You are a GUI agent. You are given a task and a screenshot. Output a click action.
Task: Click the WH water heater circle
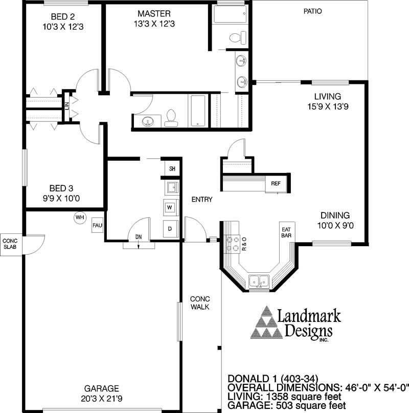click(80, 218)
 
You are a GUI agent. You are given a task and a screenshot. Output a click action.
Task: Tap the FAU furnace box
click(97, 225)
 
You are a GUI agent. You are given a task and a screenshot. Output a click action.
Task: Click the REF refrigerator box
click(276, 184)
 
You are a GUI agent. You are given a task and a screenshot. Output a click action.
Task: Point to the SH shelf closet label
click(172, 168)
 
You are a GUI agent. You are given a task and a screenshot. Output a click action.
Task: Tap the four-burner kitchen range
click(233, 244)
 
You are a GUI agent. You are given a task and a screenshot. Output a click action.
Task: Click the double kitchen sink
click(259, 282)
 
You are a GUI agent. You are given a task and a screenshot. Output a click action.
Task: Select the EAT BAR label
click(286, 232)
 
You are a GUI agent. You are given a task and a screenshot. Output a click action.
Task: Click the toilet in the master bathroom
click(238, 38)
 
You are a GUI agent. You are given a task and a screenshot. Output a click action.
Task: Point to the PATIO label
click(313, 11)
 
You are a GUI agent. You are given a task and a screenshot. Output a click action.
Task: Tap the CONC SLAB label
click(10, 244)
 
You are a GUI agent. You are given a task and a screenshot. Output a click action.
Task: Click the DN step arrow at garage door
click(139, 244)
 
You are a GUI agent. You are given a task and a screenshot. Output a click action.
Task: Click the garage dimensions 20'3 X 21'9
click(102, 399)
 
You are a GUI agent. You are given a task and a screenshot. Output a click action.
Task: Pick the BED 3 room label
click(61, 188)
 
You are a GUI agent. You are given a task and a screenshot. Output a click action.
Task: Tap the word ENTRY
click(202, 200)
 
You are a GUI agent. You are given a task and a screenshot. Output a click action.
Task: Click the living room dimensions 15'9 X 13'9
click(328, 106)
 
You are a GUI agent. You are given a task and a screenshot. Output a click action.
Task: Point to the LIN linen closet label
click(67, 106)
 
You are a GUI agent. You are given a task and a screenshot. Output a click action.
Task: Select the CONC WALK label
click(200, 303)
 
